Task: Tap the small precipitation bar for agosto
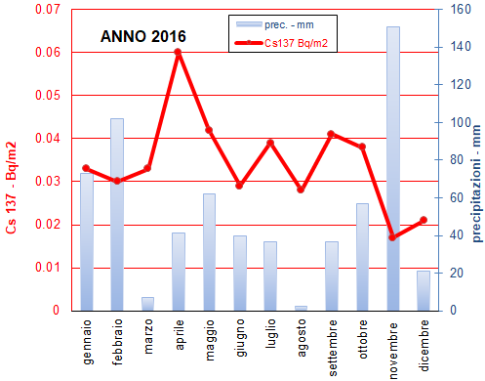pyautogui.click(x=301, y=308)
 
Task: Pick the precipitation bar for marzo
pyautogui.click(x=147, y=304)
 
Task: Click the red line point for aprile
pyautogui.click(x=179, y=52)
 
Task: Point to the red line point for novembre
pyautogui.click(x=393, y=237)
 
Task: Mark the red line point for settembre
pyautogui.click(x=332, y=134)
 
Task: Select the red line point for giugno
pyautogui.click(x=240, y=186)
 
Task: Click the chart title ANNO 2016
pyautogui.click(x=143, y=37)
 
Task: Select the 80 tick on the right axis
pyautogui.click(x=454, y=160)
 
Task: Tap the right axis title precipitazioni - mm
pyautogui.click(x=477, y=161)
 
